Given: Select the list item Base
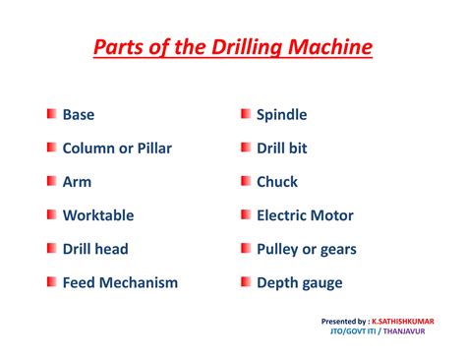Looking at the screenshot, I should pyautogui.click(x=79, y=115).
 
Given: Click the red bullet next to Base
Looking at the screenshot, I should pyautogui.click(x=50, y=115).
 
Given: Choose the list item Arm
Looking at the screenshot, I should pyautogui.click(x=77, y=182).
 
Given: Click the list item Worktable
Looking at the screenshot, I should pyautogui.click(x=98, y=215).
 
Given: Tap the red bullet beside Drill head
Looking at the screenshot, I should pyautogui.click(x=50, y=249).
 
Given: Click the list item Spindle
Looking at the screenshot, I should pyautogui.click(x=281, y=115).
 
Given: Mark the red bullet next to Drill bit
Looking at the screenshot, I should pyautogui.click(x=245, y=149).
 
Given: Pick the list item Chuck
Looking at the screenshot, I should pyautogui.click(x=277, y=182).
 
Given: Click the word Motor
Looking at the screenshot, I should pyautogui.click(x=331, y=215).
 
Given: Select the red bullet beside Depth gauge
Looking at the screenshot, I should pyautogui.click(x=245, y=282).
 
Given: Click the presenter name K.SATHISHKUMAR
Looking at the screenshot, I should pyautogui.click(x=403, y=321).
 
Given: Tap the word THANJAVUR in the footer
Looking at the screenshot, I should pyautogui.click(x=412, y=331).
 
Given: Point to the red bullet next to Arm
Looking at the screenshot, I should pyautogui.click(x=50, y=182).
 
